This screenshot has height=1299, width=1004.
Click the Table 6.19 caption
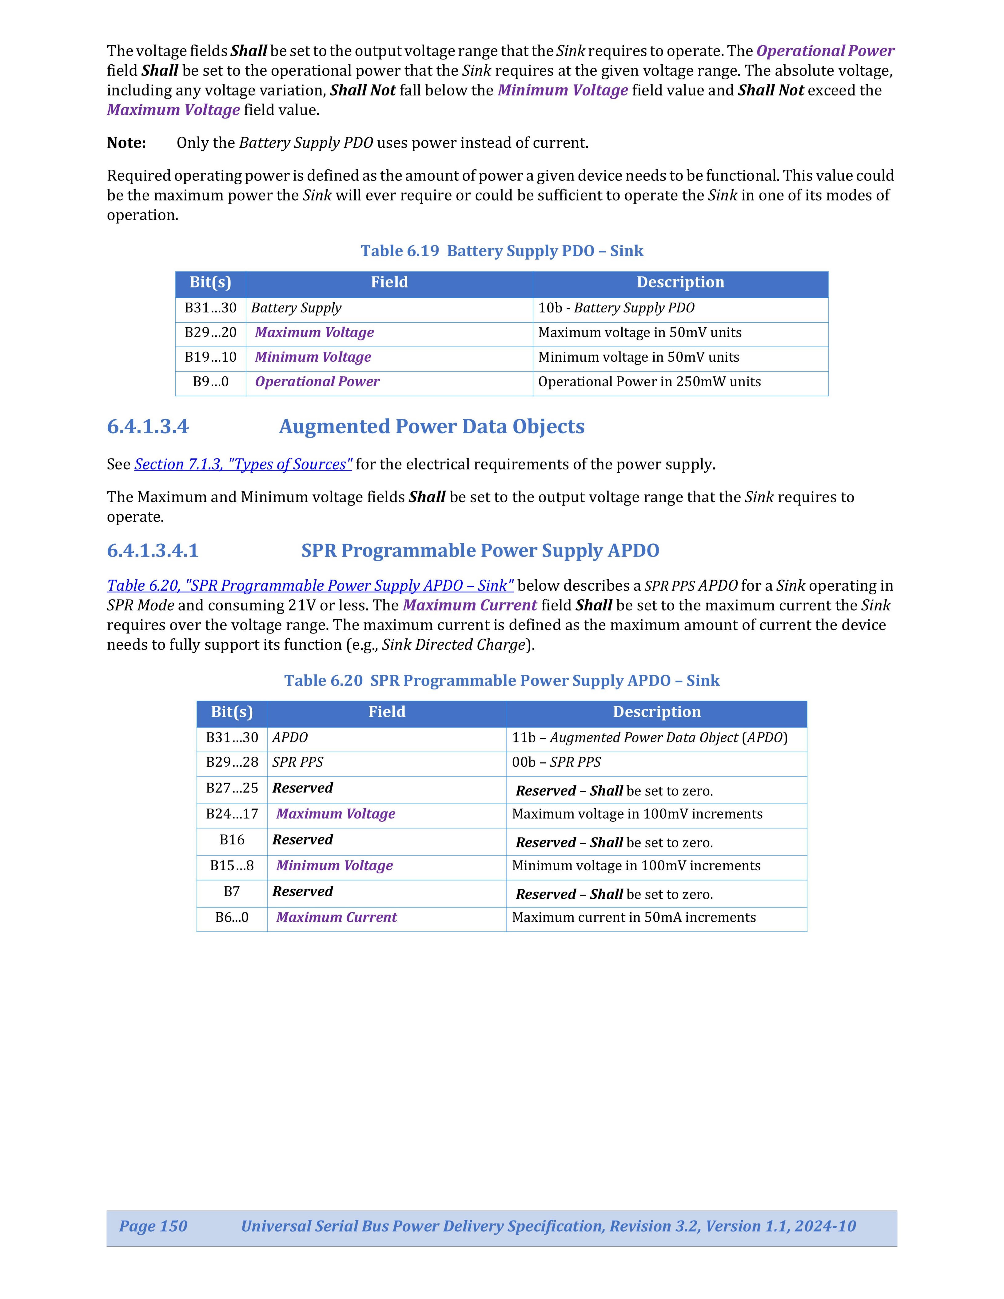(501, 251)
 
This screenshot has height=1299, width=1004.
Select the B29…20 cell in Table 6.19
(211, 332)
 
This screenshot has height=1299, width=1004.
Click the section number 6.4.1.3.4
(148, 427)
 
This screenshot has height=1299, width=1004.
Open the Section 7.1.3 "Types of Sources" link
(243, 465)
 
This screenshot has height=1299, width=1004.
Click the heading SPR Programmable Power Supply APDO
(480, 551)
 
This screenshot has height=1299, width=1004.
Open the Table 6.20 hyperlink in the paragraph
(310, 586)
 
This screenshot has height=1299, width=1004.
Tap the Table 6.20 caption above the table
(501, 681)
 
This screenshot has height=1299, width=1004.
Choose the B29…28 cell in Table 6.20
(232, 762)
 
